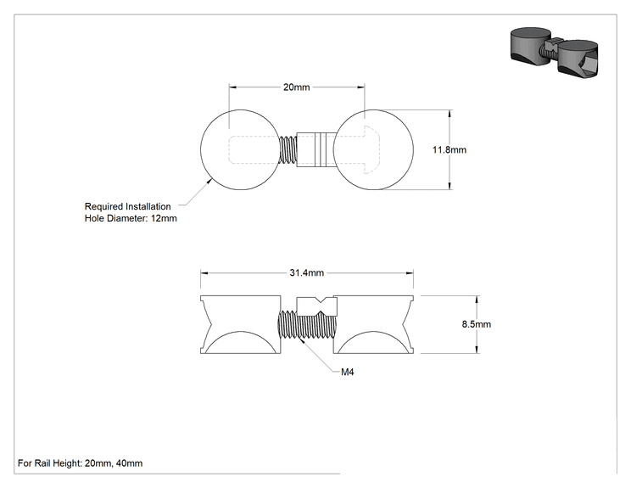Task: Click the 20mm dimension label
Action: pyautogui.click(x=297, y=87)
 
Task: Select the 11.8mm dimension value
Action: pyautogui.click(x=450, y=149)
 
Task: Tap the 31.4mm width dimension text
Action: pyautogui.click(x=307, y=273)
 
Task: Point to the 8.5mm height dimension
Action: pyautogui.click(x=477, y=324)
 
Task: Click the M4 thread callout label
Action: pyautogui.click(x=347, y=372)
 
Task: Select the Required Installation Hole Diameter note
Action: pyautogui.click(x=131, y=212)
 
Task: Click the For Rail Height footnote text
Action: pyautogui.click(x=80, y=463)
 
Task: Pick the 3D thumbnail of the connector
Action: pyautogui.click(x=555, y=53)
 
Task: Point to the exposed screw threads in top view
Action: pyautogui.click(x=288, y=149)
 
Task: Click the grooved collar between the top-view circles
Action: pyautogui.click(x=315, y=149)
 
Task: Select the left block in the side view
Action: pyautogui.click(x=241, y=324)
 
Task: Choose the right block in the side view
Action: pyautogui.click(x=373, y=324)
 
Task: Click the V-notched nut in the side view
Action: pyautogui.click(x=316, y=306)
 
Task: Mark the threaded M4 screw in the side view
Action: pyautogui.click(x=307, y=325)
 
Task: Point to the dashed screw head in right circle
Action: pyautogui.click(x=371, y=149)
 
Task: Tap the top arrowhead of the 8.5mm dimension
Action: pyautogui.click(x=477, y=299)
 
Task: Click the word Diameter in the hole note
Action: pyautogui.click(x=130, y=218)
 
